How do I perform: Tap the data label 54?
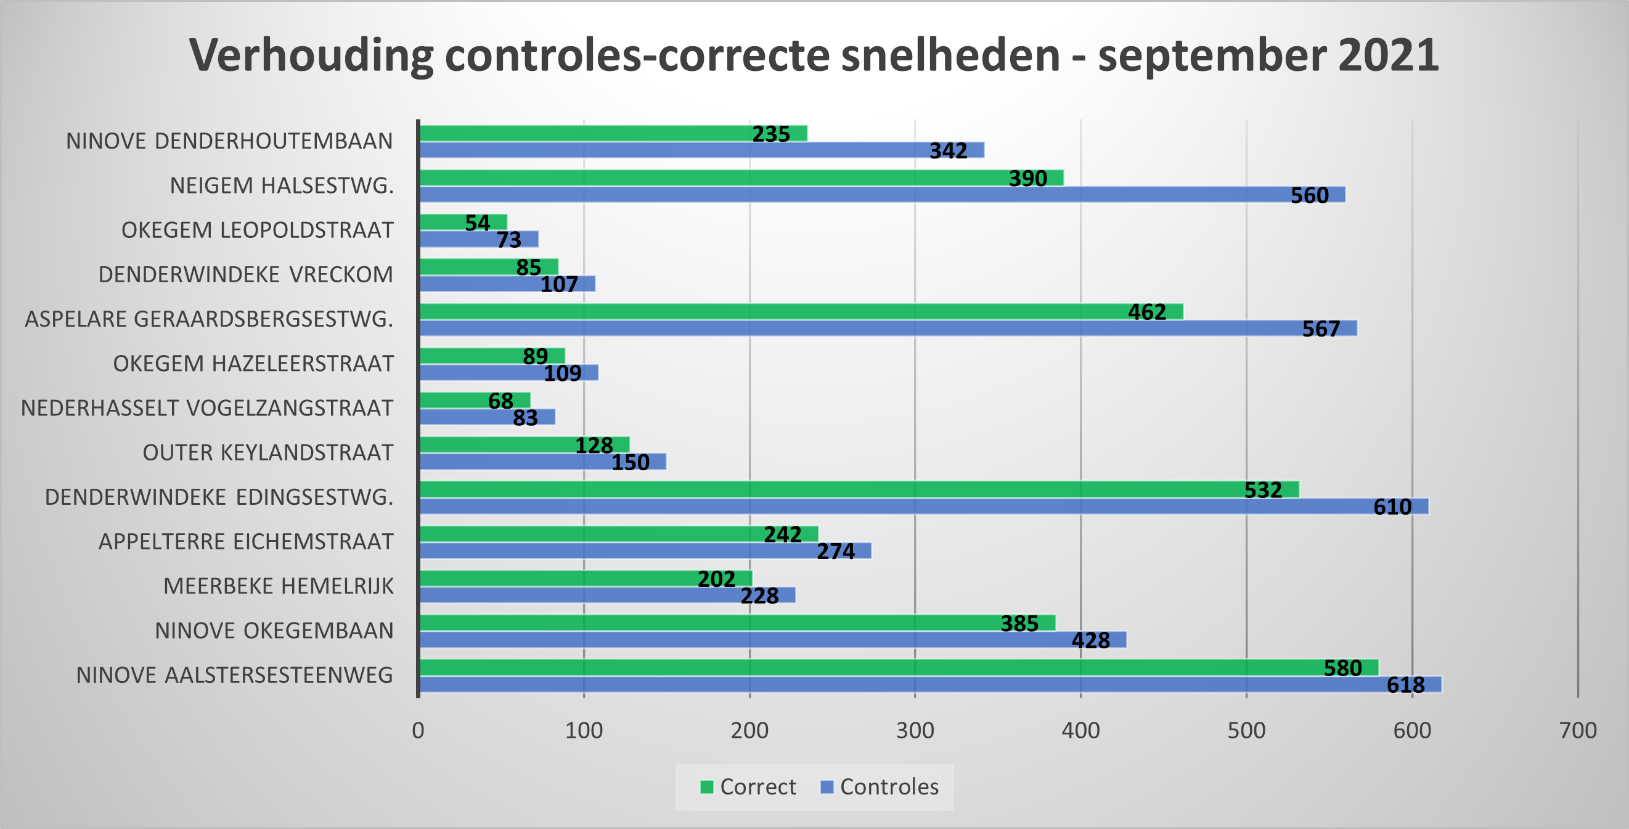click(478, 223)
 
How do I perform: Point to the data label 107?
click(559, 285)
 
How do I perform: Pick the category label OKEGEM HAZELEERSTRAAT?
click(253, 364)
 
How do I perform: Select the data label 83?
click(525, 418)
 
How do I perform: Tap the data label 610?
click(1392, 507)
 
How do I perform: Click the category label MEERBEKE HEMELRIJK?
click(278, 586)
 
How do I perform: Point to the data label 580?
click(1342, 668)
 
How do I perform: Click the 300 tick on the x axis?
click(915, 730)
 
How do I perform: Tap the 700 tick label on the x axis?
click(1578, 730)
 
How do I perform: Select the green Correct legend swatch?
click(706, 786)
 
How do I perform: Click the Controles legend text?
click(889, 786)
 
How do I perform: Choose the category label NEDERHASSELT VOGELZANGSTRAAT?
click(207, 408)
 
